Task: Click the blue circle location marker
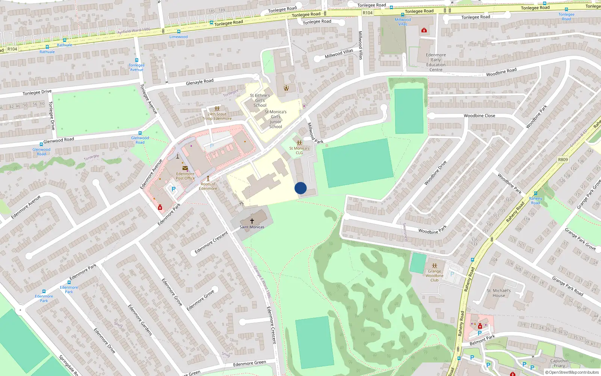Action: click(300, 188)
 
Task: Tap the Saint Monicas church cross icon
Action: click(252, 221)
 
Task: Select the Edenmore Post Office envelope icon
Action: click(185, 168)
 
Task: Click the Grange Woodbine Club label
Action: click(435, 276)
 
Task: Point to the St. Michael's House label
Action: click(499, 293)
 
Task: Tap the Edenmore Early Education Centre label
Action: click(436, 62)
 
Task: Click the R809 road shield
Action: click(563, 159)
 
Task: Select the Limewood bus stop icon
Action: click(178, 32)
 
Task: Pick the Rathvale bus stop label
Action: click(47, 52)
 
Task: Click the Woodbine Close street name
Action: click(479, 116)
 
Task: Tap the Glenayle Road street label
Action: click(199, 82)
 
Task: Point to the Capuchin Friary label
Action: click(559, 363)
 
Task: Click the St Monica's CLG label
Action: click(299, 150)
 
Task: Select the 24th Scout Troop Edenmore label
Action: click(217, 116)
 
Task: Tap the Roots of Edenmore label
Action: click(208, 186)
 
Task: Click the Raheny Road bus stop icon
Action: click(536, 193)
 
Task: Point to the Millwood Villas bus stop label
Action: click(403, 22)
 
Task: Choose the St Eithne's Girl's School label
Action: click(260, 100)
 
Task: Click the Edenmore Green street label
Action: click(249, 364)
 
